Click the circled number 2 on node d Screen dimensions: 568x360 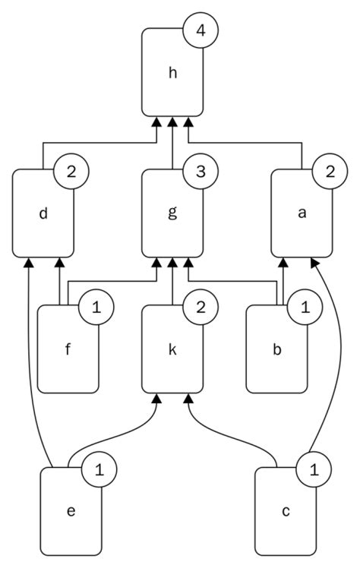[71, 172]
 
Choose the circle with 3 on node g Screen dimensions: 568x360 [200, 172]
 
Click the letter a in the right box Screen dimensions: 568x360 [302, 213]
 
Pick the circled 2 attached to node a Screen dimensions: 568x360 [330, 172]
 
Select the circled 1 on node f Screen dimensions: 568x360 [96, 308]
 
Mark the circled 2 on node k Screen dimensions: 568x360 [200, 308]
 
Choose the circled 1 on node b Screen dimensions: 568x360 [304, 308]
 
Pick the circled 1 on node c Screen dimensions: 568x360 [313, 469]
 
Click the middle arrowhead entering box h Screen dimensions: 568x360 [172, 121]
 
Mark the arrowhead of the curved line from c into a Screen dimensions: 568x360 [312, 262]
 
